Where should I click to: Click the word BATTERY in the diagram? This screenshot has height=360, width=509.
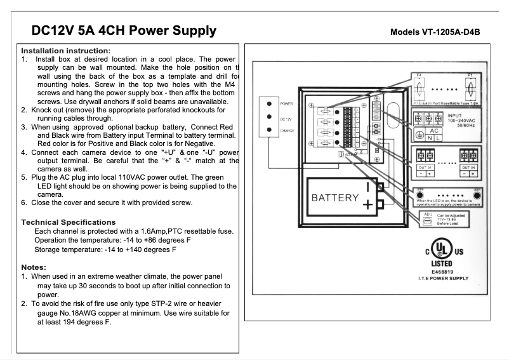(335, 197)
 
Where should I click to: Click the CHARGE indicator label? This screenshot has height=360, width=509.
(287, 131)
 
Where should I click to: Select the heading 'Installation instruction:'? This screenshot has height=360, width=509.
(66, 50)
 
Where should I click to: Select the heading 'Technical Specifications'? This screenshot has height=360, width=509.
(69, 222)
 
